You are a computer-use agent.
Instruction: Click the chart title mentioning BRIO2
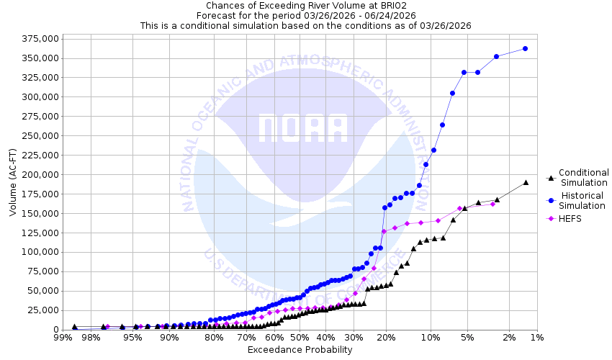pos(305,5)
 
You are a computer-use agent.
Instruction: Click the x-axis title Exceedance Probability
pos(300,350)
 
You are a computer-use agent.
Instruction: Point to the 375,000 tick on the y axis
pos(37,39)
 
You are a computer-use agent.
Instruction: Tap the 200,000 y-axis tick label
pos(37,175)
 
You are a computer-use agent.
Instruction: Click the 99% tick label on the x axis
pos(63,338)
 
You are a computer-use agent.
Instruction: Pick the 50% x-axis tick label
pos(300,338)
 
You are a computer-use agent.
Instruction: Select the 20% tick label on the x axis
pos(385,338)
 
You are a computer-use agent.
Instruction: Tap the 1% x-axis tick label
pos(536,338)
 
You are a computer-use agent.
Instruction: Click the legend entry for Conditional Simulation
pos(583,178)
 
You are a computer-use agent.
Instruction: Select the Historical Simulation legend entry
pos(583,201)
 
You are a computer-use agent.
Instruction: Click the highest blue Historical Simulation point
pos(525,48)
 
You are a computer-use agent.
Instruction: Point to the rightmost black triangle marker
pos(526,182)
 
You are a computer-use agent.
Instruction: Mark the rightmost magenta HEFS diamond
pos(492,204)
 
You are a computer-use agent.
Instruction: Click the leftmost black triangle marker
pos(74,327)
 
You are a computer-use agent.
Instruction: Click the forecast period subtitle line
pos(305,15)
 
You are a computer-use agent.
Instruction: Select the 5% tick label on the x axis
pos(467,338)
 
